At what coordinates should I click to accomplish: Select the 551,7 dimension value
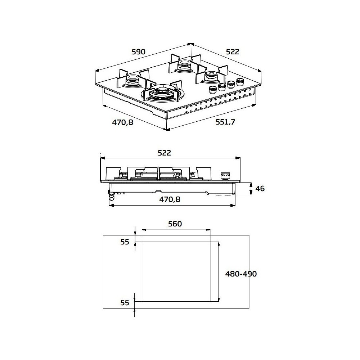click(225, 122)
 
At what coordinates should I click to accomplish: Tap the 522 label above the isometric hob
click(233, 52)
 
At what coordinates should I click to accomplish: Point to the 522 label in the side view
click(164, 153)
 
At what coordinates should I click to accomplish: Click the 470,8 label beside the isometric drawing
click(122, 122)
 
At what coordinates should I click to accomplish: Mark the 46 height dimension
click(259, 188)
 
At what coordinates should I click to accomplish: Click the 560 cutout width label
click(175, 224)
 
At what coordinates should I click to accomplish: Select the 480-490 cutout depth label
click(241, 274)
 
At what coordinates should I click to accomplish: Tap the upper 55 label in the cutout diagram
click(125, 242)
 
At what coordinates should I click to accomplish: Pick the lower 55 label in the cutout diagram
click(125, 303)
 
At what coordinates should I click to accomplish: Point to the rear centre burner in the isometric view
click(184, 65)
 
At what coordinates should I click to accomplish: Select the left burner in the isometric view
click(132, 81)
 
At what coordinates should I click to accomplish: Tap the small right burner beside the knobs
click(211, 76)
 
